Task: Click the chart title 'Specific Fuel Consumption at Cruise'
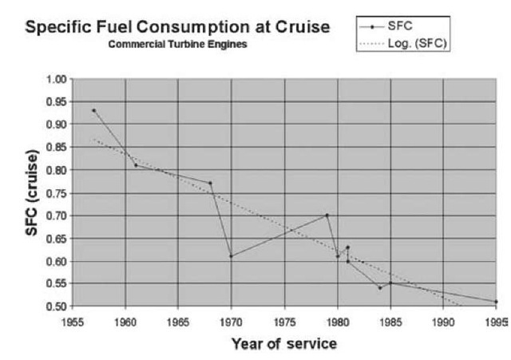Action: click(178, 28)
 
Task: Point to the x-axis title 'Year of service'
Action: click(285, 344)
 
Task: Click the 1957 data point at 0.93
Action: click(93, 111)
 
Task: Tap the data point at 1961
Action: click(136, 165)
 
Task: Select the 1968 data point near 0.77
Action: click(211, 184)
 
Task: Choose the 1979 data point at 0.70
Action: click(327, 216)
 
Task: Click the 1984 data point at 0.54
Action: click(380, 288)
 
